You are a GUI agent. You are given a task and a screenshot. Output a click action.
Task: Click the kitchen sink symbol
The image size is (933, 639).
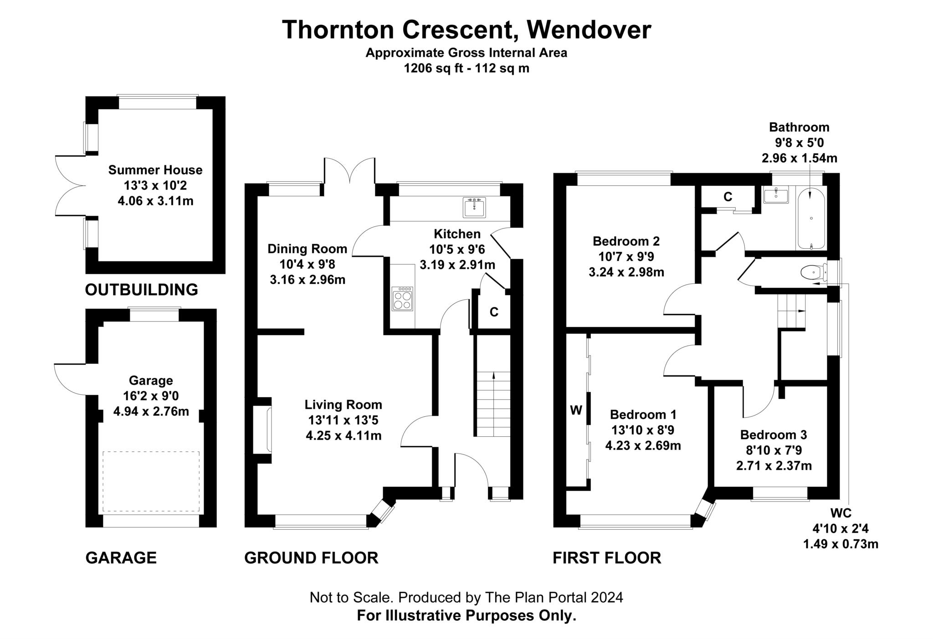pyautogui.click(x=474, y=207)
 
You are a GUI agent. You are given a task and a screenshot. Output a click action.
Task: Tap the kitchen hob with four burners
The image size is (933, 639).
pyautogui.click(x=402, y=298)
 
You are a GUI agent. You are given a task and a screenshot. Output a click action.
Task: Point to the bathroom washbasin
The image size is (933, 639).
pyautogui.click(x=775, y=196)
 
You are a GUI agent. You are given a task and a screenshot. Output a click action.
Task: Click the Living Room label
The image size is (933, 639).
pyautogui.click(x=343, y=404)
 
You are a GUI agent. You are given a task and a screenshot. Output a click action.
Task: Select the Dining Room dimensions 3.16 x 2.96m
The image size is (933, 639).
pyautogui.click(x=307, y=280)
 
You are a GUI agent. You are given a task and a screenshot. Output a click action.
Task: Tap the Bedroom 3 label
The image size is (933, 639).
pyautogui.click(x=774, y=435)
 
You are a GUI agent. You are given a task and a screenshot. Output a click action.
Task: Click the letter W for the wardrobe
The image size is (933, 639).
pyautogui.click(x=576, y=410)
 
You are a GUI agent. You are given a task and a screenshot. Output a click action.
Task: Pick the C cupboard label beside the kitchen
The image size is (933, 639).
pyautogui.click(x=494, y=312)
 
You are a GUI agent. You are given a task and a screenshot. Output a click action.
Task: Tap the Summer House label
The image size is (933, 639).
pyautogui.click(x=155, y=170)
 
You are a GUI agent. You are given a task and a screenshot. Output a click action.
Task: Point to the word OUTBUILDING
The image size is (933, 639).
pyautogui.click(x=141, y=290)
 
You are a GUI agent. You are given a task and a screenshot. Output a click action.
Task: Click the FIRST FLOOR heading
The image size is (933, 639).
pyautogui.click(x=606, y=557)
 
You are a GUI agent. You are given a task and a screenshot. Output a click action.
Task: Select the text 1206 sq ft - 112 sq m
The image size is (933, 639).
pyautogui.click(x=466, y=68)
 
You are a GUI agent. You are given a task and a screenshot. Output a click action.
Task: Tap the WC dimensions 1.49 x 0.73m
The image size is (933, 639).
pyautogui.click(x=841, y=544)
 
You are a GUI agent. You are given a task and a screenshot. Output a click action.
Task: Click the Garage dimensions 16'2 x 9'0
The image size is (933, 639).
pyautogui.click(x=151, y=396)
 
